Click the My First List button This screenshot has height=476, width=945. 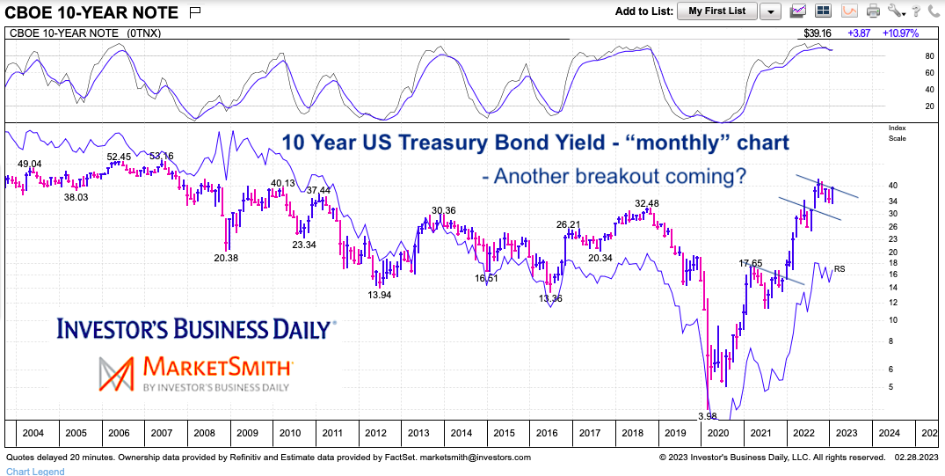[716, 11]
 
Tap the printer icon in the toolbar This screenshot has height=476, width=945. [873, 11]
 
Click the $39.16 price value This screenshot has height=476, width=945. [817, 33]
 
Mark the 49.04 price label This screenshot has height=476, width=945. [30, 164]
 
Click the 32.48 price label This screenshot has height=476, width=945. [646, 202]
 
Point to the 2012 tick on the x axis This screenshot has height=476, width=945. [375, 434]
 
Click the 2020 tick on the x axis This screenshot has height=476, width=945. [718, 434]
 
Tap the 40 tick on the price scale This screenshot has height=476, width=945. [892, 186]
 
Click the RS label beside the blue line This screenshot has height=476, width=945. [839, 268]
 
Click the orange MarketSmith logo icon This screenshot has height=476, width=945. [115, 375]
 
